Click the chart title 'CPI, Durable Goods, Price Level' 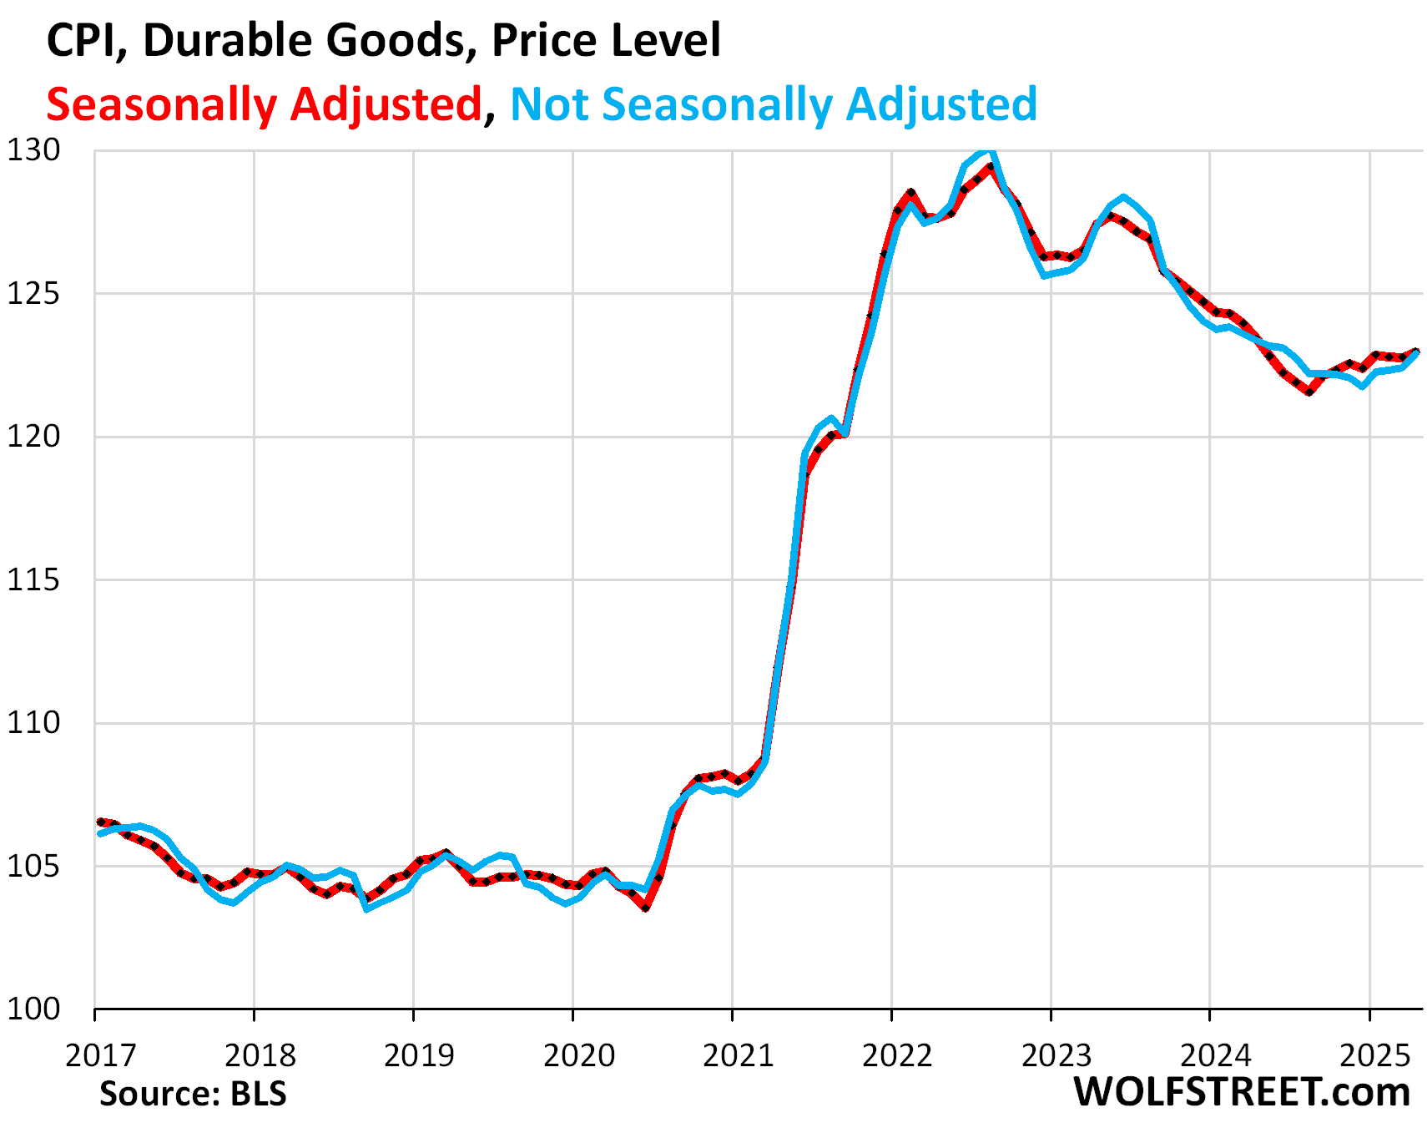click(383, 40)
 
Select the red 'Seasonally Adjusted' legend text click(264, 104)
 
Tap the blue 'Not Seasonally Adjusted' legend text click(774, 104)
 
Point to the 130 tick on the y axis click(34, 151)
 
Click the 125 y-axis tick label click(34, 294)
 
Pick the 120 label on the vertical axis click(34, 437)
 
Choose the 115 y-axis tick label click(34, 580)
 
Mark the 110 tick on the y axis click(34, 723)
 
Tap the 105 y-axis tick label click(34, 867)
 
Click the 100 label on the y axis click(34, 1009)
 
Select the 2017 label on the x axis click(100, 1055)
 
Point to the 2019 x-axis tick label click(419, 1055)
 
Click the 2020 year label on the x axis click(578, 1055)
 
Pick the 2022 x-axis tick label click(897, 1055)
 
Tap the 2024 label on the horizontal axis click(1216, 1055)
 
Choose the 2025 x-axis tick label click(1374, 1055)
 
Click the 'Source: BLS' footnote click(193, 1094)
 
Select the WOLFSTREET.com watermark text click(1242, 1092)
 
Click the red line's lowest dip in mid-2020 click(646, 908)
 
